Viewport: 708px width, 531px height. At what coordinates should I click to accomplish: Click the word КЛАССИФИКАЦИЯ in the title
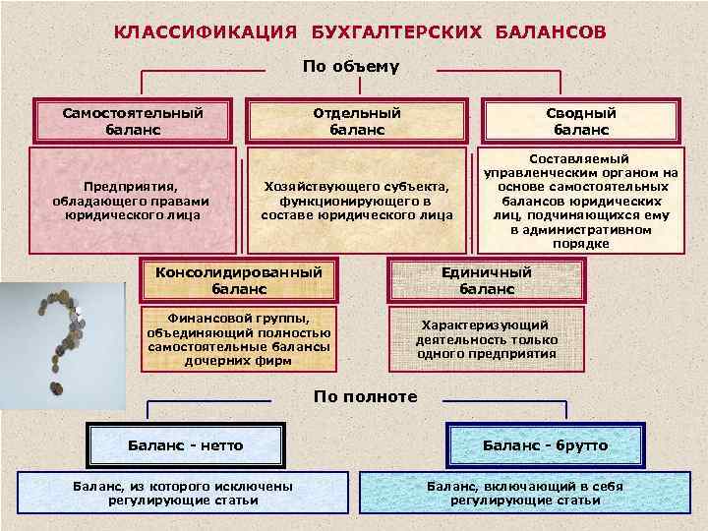point(205,31)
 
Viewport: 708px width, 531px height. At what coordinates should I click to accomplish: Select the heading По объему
point(352,67)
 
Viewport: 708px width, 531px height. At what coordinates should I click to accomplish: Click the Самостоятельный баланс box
point(134,121)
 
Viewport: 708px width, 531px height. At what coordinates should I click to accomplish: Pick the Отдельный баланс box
point(357,121)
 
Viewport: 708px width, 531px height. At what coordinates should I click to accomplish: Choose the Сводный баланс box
point(580,121)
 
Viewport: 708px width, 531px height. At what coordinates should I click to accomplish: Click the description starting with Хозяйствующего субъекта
point(357,200)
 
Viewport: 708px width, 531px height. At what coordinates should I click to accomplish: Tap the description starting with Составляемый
point(580,201)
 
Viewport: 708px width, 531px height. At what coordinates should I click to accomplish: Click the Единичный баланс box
point(487,280)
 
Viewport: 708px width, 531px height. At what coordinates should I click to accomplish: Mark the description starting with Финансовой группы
point(240,338)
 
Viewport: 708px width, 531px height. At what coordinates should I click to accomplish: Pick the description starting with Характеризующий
point(487,339)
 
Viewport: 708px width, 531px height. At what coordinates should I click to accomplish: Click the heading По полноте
point(365,397)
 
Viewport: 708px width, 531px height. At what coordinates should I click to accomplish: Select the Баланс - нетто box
point(186,445)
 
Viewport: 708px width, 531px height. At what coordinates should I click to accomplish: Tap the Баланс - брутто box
point(545,445)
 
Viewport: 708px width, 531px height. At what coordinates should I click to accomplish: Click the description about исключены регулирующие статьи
point(183,493)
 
